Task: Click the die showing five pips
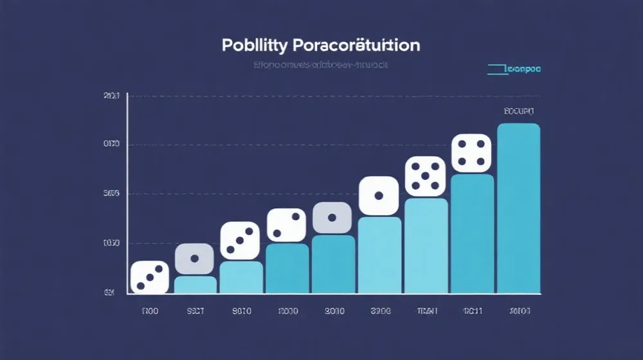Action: (x=425, y=176)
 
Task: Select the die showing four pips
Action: (x=471, y=154)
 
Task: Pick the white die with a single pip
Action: (x=379, y=195)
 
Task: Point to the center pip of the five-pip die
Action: (x=425, y=176)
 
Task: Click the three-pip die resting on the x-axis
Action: (x=150, y=278)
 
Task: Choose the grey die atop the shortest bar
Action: (x=194, y=259)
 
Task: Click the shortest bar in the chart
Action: (x=195, y=285)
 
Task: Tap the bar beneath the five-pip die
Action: (x=426, y=246)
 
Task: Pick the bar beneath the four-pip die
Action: (x=472, y=233)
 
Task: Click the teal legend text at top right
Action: (x=523, y=68)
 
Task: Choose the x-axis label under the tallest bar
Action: (x=518, y=311)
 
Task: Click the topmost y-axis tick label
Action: (x=111, y=96)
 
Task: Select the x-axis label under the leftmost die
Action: (x=150, y=311)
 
